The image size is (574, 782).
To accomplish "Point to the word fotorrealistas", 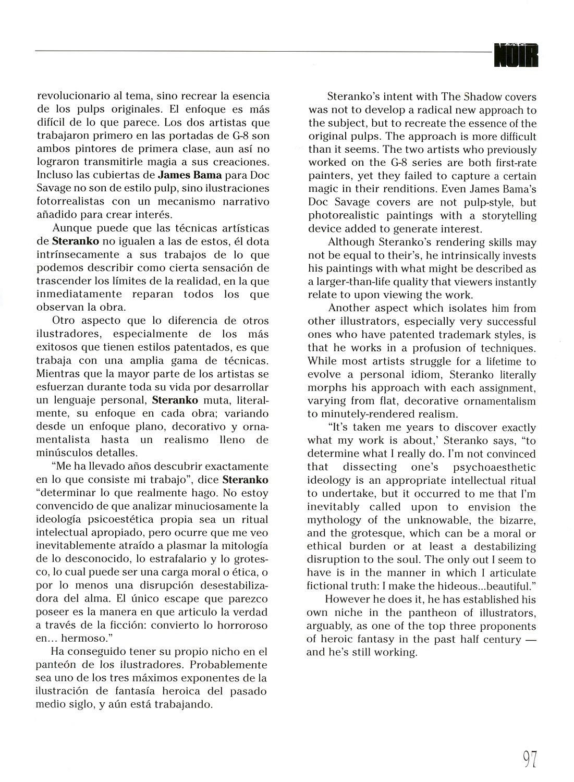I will (69, 201).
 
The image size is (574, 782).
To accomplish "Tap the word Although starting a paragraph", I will (351, 242).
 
